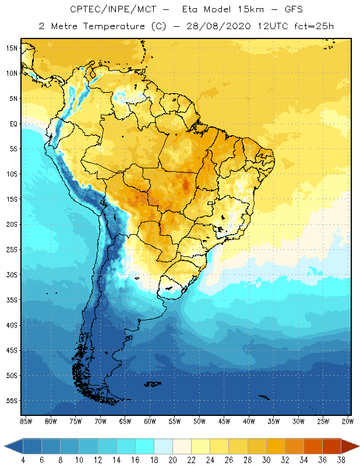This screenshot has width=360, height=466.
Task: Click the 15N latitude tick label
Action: (12, 48)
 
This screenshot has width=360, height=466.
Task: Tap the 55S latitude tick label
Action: (12, 401)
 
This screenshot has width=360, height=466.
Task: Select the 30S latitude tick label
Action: (12, 274)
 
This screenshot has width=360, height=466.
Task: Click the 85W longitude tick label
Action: (26, 421)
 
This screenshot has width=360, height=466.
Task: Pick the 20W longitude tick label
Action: (348, 421)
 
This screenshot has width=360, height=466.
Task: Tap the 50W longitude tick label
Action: (199, 421)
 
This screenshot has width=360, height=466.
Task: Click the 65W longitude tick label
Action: (125, 421)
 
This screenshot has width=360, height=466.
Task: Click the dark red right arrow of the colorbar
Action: (351, 446)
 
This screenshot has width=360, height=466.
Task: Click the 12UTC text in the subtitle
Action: (267, 26)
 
